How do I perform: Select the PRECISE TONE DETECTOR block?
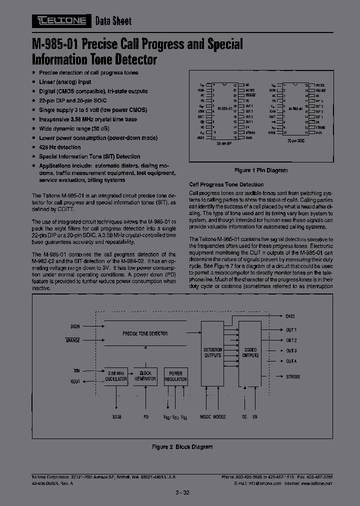point(145,333)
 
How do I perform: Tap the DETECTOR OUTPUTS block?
point(213,352)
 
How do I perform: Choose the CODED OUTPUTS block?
point(250,352)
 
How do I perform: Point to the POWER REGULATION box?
point(175,376)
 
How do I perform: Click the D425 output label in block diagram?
point(290,316)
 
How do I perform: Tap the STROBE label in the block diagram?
point(293,376)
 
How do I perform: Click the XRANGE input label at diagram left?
point(73,340)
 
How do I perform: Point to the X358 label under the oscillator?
point(116,416)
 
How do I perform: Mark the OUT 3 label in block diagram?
point(291,350)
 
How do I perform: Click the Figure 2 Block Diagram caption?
point(182,447)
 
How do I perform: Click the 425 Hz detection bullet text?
point(59,147)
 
